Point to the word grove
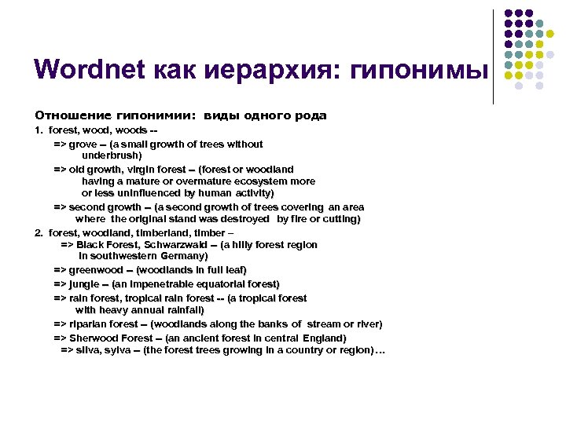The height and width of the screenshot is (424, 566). [x=83, y=144]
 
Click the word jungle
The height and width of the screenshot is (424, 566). [x=85, y=283]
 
